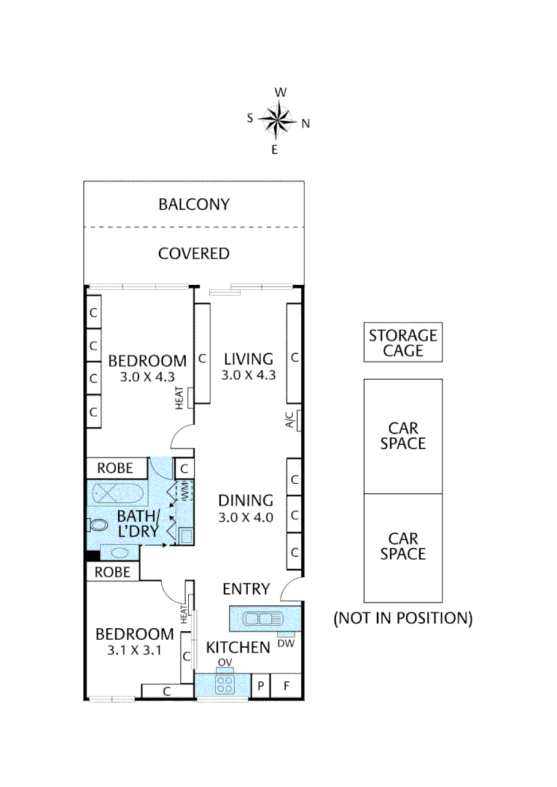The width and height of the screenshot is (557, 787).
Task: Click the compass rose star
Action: (277, 120)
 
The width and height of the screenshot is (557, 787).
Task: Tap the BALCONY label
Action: (194, 204)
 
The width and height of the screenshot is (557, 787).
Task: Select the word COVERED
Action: (194, 254)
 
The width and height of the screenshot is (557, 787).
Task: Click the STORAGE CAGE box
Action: (403, 342)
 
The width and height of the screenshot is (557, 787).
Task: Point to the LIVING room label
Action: (249, 359)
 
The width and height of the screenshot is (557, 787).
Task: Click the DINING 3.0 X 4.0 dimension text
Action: (246, 517)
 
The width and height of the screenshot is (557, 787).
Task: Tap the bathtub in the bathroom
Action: (118, 493)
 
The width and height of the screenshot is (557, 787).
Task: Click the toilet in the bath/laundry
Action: (98, 525)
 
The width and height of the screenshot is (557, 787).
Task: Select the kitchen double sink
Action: (262, 619)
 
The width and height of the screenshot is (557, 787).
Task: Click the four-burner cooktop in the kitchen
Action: (225, 684)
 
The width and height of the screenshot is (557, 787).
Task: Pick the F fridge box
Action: (287, 686)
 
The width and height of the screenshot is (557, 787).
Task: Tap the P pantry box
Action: (261, 686)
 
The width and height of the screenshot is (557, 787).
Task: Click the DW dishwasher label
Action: (286, 643)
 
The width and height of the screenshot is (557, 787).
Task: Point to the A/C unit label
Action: (289, 420)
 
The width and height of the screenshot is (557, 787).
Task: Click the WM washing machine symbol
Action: (184, 490)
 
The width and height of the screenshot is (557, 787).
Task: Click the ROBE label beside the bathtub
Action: (115, 468)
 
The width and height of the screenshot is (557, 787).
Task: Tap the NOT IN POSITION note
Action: (403, 618)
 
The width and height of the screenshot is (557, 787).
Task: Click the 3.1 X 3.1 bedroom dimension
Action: (135, 651)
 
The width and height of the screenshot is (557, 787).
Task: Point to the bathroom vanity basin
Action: (120, 552)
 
